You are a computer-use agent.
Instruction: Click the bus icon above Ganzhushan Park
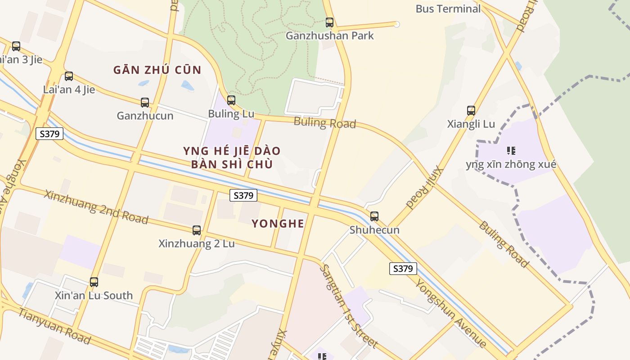coord(329,22)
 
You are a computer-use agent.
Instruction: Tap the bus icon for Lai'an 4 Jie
coord(69,76)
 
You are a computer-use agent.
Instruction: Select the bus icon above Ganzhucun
coord(145,102)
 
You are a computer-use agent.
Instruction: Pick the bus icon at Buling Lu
coord(231,100)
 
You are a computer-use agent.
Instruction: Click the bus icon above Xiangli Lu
coord(471,110)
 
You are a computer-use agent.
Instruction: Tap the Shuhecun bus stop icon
coord(374,216)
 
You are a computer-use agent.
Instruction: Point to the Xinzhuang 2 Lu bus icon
coord(197,230)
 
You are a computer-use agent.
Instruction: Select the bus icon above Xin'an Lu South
coord(94,282)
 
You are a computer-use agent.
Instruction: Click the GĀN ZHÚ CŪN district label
coord(157,70)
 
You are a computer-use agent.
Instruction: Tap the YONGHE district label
coord(278,224)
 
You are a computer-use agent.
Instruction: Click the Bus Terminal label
coord(448,9)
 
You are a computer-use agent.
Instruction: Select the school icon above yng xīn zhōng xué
coord(511,150)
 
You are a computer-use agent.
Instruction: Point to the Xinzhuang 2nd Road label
coord(96,207)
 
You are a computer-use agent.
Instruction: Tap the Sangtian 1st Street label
coord(348,306)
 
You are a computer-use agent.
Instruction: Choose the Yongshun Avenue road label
coord(450,313)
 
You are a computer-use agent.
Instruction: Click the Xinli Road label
coord(425,188)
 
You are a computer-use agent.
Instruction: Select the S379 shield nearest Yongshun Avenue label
coord(403,269)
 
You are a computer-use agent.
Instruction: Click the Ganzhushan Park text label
coord(330,36)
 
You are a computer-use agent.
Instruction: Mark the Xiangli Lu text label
coord(471,124)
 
